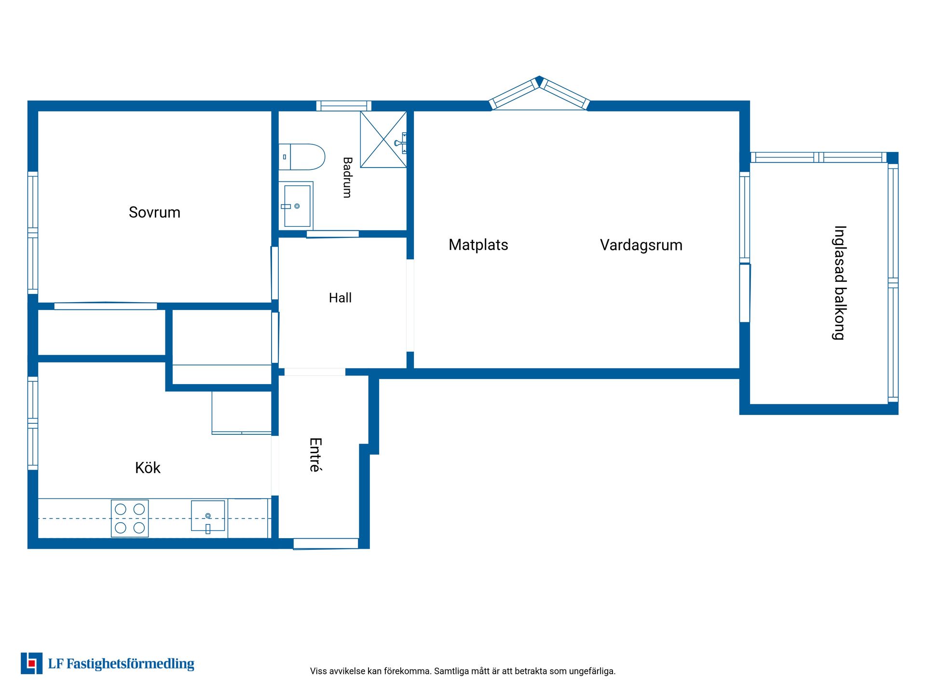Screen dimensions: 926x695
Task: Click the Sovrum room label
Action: [154, 212]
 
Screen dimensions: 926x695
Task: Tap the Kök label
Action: [148, 467]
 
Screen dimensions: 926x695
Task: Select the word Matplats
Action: [478, 245]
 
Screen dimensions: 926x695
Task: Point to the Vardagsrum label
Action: [641, 245]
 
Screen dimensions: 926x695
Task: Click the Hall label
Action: [340, 298]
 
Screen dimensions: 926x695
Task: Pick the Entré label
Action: [315, 455]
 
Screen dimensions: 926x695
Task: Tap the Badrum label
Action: [347, 177]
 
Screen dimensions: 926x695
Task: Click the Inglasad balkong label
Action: [840, 283]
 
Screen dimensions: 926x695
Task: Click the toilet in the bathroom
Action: [302, 157]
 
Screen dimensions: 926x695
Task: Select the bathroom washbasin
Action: [296, 206]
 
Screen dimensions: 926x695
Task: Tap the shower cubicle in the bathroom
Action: [383, 139]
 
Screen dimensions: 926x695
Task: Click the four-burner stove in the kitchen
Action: [130, 518]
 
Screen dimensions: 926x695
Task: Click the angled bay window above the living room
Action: [539, 93]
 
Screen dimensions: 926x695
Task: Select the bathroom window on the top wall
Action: [344, 106]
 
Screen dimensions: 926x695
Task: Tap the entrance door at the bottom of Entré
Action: [326, 543]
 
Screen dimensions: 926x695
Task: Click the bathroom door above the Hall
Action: [333, 234]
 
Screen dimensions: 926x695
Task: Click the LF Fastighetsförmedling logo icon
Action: [31, 663]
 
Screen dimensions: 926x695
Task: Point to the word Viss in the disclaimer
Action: [318, 671]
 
